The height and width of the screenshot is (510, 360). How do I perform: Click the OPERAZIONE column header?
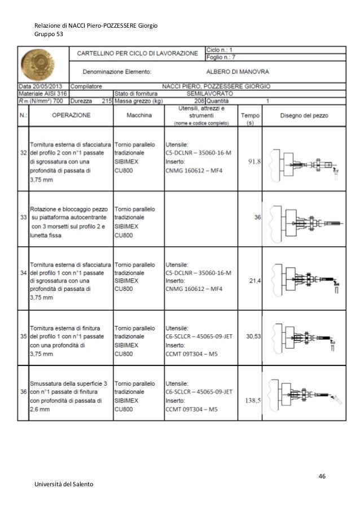72,114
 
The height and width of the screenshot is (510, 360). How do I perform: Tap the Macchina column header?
138,114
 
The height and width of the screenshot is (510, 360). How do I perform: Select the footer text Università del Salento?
64,485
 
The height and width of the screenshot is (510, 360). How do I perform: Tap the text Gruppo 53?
49,34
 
